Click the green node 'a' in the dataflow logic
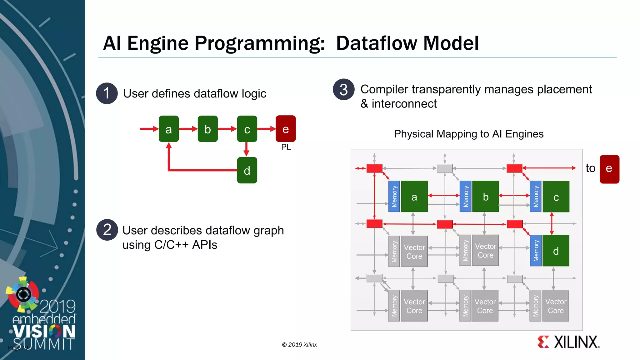pos(169,129)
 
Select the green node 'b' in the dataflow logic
pos(207,129)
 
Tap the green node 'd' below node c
pos(247,170)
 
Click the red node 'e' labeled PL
pos(286,128)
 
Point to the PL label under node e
pos(286,147)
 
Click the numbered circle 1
pos(107,93)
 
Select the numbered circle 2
pos(107,230)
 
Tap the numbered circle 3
pos(344,90)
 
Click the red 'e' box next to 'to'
pos(609,169)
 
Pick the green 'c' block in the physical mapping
pos(556,197)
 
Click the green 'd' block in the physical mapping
pos(556,251)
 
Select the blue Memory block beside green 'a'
pos(394,197)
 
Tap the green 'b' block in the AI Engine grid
pos(485,197)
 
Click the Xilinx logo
pos(568,342)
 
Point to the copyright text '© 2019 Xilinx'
pos(299,345)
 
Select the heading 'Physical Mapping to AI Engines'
pos(468,134)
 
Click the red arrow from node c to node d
pos(247,149)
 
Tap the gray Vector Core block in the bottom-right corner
pos(556,306)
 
